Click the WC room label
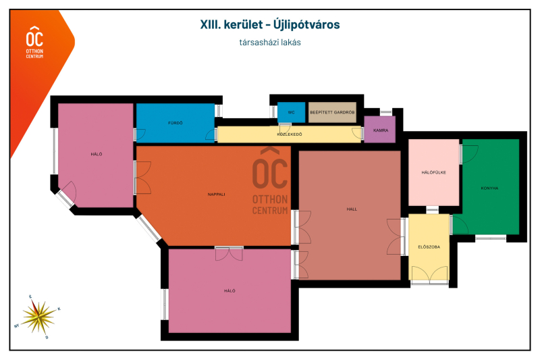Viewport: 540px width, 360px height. pos(291,112)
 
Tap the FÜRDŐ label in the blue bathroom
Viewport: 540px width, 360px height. pos(175,123)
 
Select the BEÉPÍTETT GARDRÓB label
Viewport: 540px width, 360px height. pos(332,112)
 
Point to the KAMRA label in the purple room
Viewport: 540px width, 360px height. pos(381,130)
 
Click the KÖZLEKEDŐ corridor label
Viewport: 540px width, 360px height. pos(290,134)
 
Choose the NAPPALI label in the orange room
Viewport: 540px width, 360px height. pos(216,195)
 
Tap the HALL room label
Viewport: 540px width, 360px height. pos(352,209)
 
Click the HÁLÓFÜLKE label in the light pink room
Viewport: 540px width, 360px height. pos(433,173)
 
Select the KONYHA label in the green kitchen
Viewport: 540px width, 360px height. pos(489,188)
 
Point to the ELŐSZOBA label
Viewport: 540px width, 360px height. pos(429,247)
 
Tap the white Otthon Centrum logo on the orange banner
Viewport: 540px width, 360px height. pos(35,42)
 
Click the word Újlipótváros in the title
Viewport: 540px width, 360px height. pos(306,24)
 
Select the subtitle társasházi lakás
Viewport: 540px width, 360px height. pos(270,43)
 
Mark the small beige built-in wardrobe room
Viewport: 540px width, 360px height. pos(332,112)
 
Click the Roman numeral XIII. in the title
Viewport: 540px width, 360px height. pos(210,24)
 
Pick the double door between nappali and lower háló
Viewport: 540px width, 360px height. pos(229,253)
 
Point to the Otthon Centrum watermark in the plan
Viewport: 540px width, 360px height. pos(270,181)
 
